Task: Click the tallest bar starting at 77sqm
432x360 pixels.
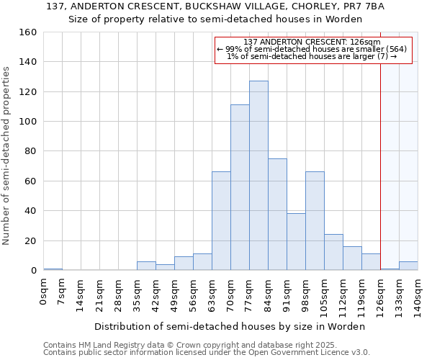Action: click(258, 176)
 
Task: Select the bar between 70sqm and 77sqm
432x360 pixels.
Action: click(240, 187)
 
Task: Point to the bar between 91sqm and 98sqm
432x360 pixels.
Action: click(296, 242)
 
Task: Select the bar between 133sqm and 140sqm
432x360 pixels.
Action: click(408, 266)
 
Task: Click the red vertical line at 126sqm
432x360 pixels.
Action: click(380, 180)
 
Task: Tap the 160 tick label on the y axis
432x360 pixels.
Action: click(28, 32)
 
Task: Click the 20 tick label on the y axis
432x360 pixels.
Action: click(31, 240)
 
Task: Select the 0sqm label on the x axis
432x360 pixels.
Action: click(43, 292)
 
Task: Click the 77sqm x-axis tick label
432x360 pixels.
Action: click(249, 294)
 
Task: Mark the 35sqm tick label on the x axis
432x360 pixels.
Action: click(137, 294)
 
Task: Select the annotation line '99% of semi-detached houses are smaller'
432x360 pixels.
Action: click(313, 49)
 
